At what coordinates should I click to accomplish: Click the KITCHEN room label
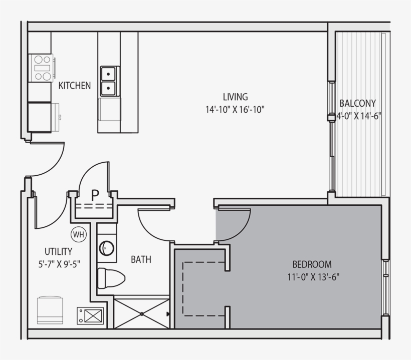[x=75, y=86]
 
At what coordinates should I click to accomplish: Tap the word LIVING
[x=235, y=97]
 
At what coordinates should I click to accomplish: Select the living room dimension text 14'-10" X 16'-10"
[x=235, y=110]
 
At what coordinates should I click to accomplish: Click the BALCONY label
[x=357, y=104]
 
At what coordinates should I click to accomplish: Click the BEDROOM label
[x=312, y=264]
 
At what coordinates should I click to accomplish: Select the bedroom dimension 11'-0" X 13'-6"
[x=312, y=276]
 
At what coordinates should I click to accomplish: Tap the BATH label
[x=141, y=259]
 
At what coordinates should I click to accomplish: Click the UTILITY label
[x=58, y=251]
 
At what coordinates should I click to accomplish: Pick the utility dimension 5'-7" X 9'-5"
[x=58, y=263]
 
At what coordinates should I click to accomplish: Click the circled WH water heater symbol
[x=78, y=234]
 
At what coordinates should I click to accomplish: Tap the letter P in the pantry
[x=95, y=194]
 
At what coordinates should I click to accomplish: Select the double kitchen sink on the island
[x=109, y=81]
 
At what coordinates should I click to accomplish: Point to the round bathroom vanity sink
[x=107, y=247]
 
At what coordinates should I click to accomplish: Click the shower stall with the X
[x=141, y=314]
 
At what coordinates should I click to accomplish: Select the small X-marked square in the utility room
[x=91, y=315]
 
